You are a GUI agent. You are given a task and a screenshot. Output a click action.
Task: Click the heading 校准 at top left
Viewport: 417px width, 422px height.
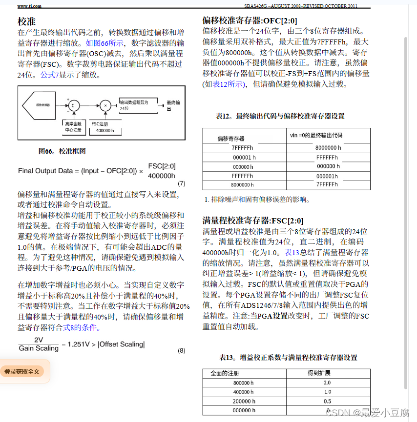point(27,21)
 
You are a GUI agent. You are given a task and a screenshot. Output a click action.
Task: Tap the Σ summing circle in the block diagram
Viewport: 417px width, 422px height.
point(73,105)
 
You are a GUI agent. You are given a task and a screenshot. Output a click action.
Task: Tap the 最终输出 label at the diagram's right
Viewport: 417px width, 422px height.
point(174,105)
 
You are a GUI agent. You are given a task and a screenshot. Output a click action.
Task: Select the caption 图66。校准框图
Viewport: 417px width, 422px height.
point(62,151)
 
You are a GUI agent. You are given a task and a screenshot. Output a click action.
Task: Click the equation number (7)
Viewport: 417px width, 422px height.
point(181,183)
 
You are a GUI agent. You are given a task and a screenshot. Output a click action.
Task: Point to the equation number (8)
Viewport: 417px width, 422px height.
point(181,350)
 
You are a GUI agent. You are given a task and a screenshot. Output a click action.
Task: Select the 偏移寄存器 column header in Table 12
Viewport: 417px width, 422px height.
point(231,139)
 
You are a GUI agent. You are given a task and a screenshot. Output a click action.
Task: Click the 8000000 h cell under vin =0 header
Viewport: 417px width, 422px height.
point(328,148)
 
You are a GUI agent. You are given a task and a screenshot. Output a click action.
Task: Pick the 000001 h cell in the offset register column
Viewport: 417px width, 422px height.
point(244,158)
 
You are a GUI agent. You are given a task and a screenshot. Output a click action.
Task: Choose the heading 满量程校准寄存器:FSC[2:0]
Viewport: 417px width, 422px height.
point(253,221)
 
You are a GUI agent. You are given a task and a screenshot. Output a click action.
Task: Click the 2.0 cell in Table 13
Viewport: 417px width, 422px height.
point(327,383)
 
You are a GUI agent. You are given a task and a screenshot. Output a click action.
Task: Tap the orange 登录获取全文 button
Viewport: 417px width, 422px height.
point(22,372)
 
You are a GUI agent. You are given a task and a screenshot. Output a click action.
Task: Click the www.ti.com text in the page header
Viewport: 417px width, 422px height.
point(29,6)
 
